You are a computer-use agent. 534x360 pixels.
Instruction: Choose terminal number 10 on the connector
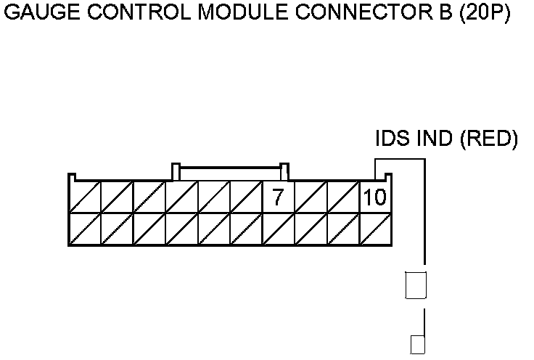click(x=375, y=197)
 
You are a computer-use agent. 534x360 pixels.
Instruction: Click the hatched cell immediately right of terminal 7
click(x=311, y=197)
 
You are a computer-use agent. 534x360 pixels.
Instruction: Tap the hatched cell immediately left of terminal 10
click(x=343, y=197)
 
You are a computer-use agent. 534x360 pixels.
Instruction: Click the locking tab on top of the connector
click(x=231, y=171)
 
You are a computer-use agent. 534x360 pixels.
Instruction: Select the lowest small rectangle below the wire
click(x=417, y=344)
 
